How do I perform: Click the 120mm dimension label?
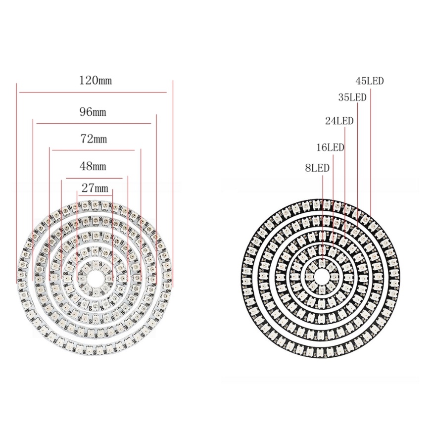96,80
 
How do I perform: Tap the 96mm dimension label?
93,112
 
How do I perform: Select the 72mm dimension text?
94,139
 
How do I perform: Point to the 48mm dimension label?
93,166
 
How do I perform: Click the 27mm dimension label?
95,188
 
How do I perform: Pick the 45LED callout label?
370,81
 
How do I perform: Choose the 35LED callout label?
352,97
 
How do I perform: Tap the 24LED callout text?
339,121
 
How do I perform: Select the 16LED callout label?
330,147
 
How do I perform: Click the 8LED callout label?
317,168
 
